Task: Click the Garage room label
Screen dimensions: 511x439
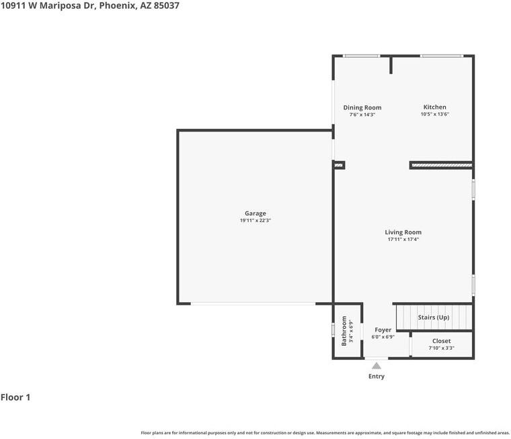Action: pyautogui.click(x=255, y=213)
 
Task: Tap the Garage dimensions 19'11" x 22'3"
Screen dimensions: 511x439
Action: pyautogui.click(x=255, y=220)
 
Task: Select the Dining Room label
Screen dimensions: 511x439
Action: pyautogui.click(x=362, y=107)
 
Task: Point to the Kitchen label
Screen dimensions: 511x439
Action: pyautogui.click(x=435, y=107)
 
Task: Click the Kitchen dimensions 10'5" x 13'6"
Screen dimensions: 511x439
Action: pyautogui.click(x=435, y=114)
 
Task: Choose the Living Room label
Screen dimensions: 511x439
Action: pyautogui.click(x=403, y=232)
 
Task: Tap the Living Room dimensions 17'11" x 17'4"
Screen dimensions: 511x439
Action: pyautogui.click(x=403, y=239)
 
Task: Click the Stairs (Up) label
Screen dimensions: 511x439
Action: pyautogui.click(x=434, y=318)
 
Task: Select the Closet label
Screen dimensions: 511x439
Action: pyautogui.click(x=441, y=341)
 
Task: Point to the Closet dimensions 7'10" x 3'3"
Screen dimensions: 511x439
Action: pyautogui.click(x=441, y=348)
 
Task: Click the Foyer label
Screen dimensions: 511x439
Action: pyautogui.click(x=383, y=330)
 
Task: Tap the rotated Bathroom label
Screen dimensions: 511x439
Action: pyautogui.click(x=344, y=331)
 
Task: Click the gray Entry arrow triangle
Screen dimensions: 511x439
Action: pyautogui.click(x=377, y=366)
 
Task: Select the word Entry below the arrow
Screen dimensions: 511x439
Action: pyautogui.click(x=377, y=376)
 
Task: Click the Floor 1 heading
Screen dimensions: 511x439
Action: pyautogui.click(x=15, y=397)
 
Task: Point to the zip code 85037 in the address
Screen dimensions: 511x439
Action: pyautogui.click(x=166, y=5)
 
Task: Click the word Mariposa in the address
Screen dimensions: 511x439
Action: pyautogui.click(x=61, y=6)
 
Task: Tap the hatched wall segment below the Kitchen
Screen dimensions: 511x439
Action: pyautogui.click(x=442, y=165)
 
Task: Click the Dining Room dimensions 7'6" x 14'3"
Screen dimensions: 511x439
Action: pyautogui.click(x=362, y=115)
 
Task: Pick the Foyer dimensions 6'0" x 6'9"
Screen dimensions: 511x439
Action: pyautogui.click(x=383, y=337)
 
